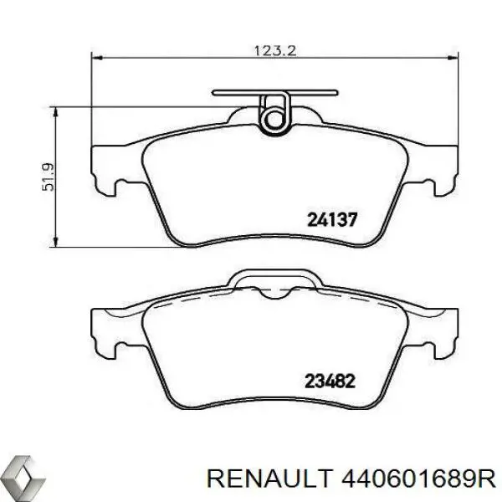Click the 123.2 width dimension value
click(275, 49)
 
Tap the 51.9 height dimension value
click(49, 177)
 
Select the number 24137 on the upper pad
click(334, 220)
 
